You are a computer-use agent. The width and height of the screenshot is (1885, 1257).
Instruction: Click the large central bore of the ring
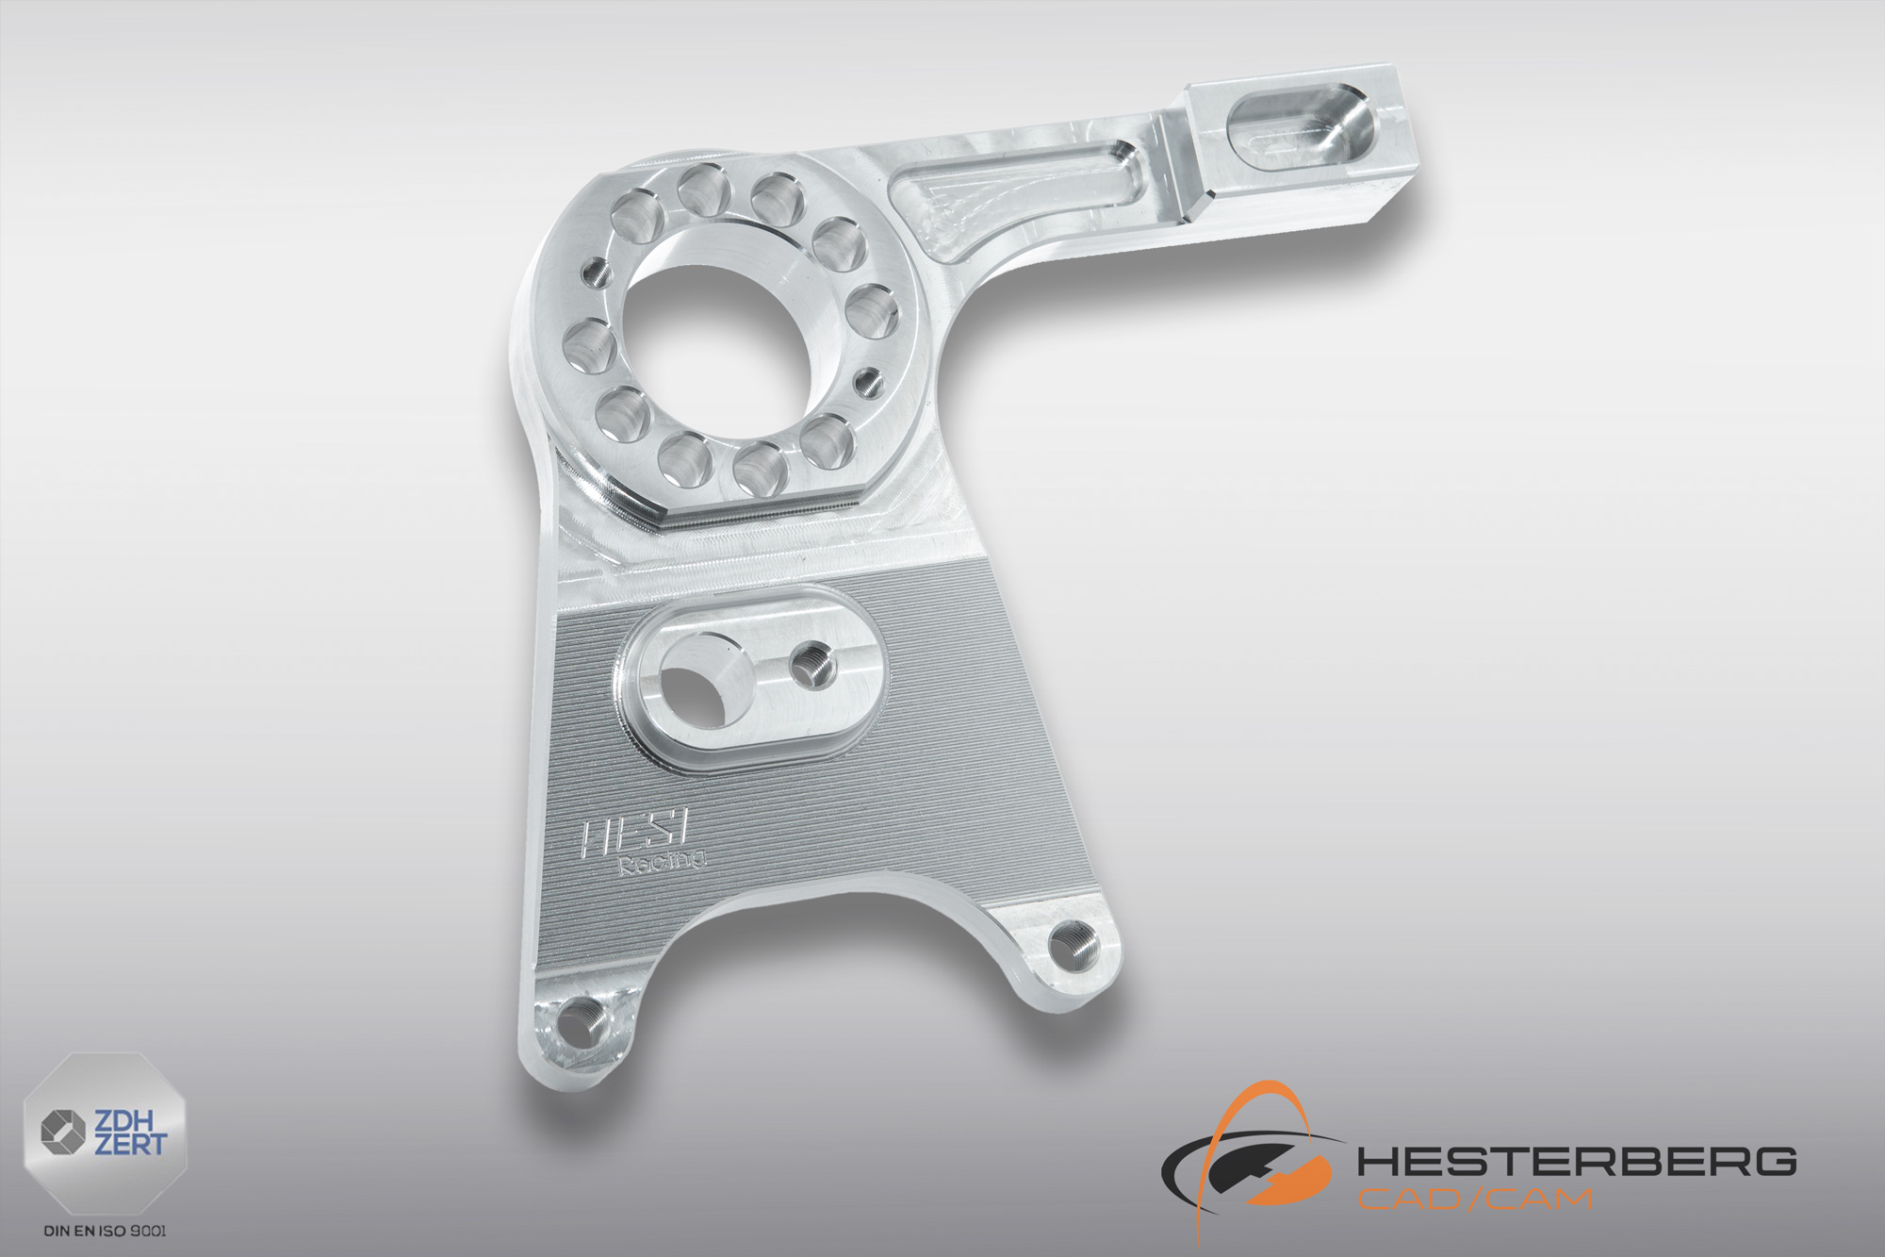tap(723, 325)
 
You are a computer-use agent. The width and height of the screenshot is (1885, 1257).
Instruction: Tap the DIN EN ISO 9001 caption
tap(113, 1230)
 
